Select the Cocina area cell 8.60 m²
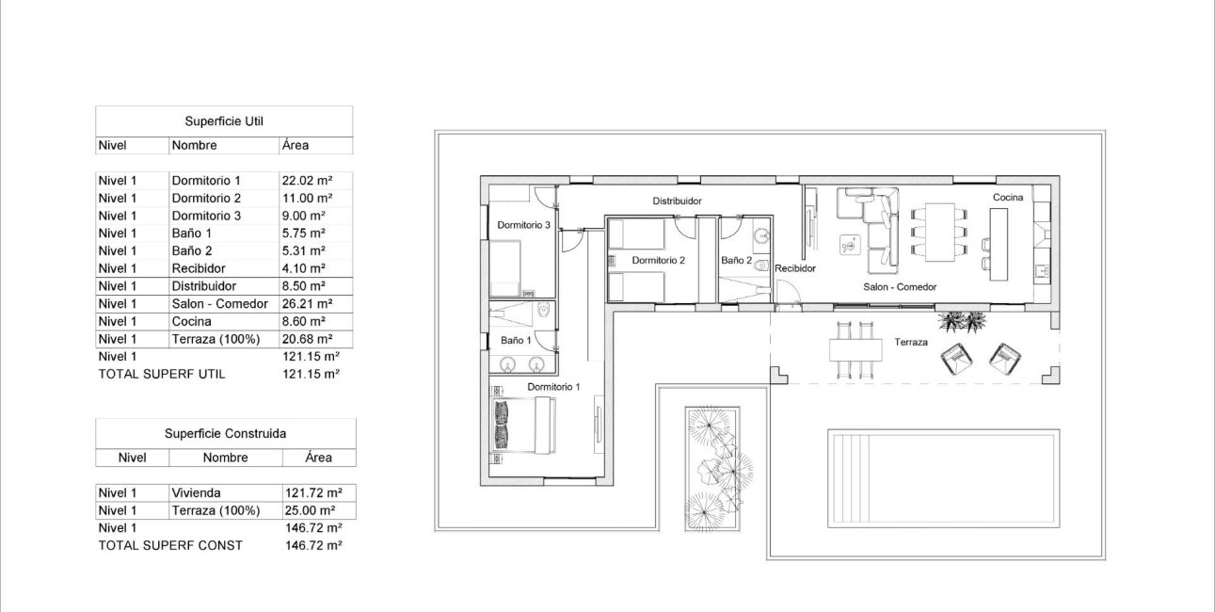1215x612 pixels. pyautogui.click(x=303, y=321)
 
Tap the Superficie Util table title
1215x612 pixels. pyautogui.click(x=224, y=121)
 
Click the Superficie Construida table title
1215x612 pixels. pyautogui.click(x=225, y=434)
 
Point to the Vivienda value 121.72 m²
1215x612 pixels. pyautogui.click(x=312, y=492)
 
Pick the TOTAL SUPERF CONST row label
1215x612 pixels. pyautogui.click(x=170, y=545)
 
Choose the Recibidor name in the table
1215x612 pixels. pyautogui.click(x=199, y=268)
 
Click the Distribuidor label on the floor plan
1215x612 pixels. pyautogui.click(x=678, y=201)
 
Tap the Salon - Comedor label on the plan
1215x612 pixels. pyautogui.click(x=900, y=287)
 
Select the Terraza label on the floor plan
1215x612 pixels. pyautogui.click(x=911, y=343)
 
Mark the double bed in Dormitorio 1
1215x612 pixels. pyautogui.click(x=523, y=425)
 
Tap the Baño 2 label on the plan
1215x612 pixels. pyautogui.click(x=737, y=260)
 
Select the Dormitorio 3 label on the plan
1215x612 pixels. pyautogui.click(x=523, y=225)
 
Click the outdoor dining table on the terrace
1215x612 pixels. pyautogui.click(x=855, y=349)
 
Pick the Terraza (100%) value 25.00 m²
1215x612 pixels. pyautogui.click(x=312, y=510)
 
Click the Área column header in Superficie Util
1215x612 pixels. pyautogui.click(x=295, y=145)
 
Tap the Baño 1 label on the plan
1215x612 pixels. pyautogui.click(x=516, y=339)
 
